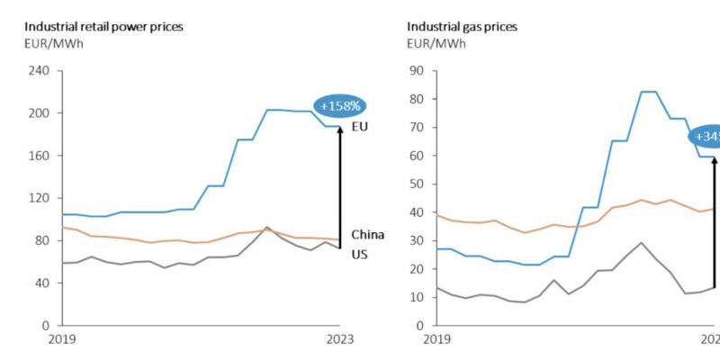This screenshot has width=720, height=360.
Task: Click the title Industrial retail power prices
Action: [x=103, y=27]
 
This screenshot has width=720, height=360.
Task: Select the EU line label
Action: [x=359, y=127]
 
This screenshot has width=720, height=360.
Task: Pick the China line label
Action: [x=367, y=235]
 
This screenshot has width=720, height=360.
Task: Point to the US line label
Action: [x=359, y=255]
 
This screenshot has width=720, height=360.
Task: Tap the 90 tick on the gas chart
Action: [x=416, y=71]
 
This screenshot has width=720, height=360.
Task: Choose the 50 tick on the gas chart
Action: [x=416, y=184]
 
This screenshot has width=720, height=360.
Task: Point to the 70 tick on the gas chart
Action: [x=416, y=127]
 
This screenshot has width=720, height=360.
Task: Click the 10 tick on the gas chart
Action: [x=416, y=297]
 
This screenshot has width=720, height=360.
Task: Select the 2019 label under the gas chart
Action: [x=436, y=340]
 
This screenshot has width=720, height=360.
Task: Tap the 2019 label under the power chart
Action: [x=60, y=340]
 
